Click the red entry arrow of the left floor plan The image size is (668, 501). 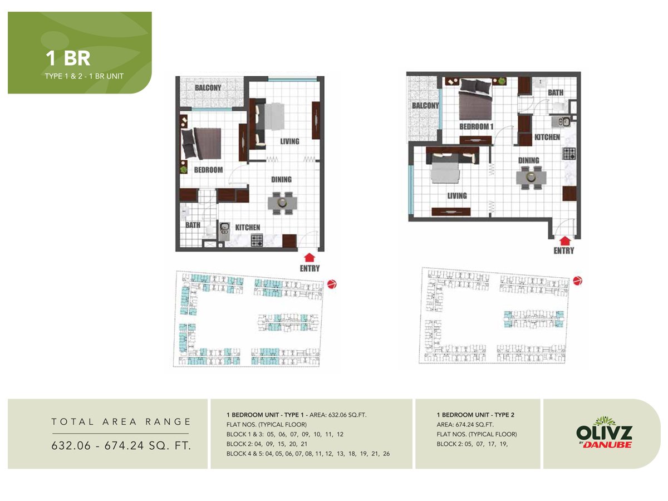pyautogui.click(x=310, y=257)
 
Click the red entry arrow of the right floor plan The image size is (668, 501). pyautogui.click(x=564, y=240)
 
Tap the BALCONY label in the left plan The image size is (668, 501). pyautogui.click(x=208, y=88)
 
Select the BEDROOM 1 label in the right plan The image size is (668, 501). pyautogui.click(x=477, y=127)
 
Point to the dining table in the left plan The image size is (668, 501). pyautogui.click(x=281, y=203)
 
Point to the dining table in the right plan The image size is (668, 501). pyautogui.click(x=531, y=177)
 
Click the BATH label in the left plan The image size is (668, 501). pyautogui.click(x=193, y=225)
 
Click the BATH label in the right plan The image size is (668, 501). pyautogui.click(x=556, y=92)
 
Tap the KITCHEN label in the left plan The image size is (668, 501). pyautogui.click(x=247, y=227)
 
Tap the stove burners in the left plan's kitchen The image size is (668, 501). pyautogui.click(x=257, y=240)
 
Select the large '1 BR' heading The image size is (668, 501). pyautogui.click(x=68, y=58)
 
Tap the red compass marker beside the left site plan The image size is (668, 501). pyautogui.click(x=332, y=285)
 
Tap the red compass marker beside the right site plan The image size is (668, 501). pyautogui.click(x=578, y=280)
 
